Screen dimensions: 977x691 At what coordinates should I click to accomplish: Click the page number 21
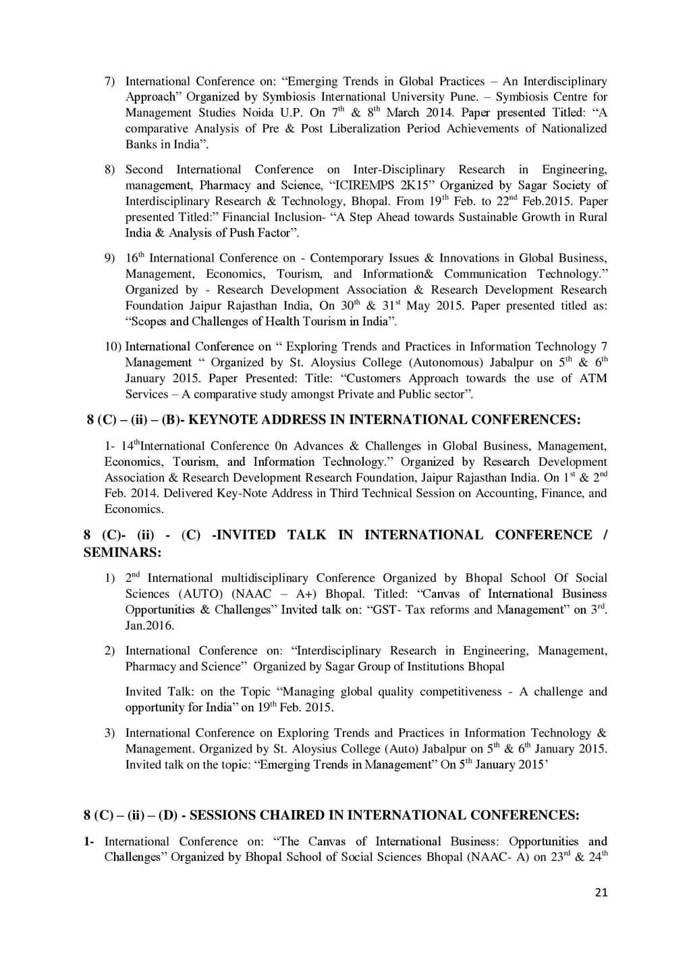[601, 892]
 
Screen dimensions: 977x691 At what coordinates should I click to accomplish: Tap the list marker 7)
[109, 82]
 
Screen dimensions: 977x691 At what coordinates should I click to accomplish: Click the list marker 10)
[113, 347]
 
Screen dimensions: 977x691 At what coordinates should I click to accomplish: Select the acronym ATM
[593, 378]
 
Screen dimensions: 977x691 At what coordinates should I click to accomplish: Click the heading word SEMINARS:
[123, 553]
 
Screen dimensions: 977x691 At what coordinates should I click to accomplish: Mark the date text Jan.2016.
[150, 626]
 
